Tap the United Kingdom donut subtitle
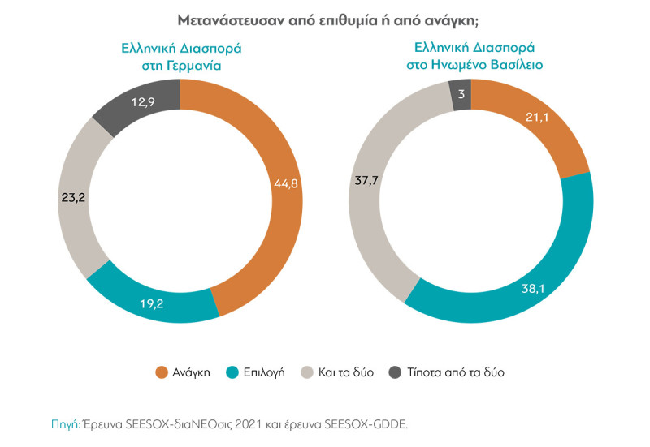(474, 56)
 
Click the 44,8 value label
(286, 184)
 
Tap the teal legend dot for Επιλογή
(232, 372)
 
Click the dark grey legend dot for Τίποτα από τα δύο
(394, 372)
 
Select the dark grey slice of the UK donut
(460, 95)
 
